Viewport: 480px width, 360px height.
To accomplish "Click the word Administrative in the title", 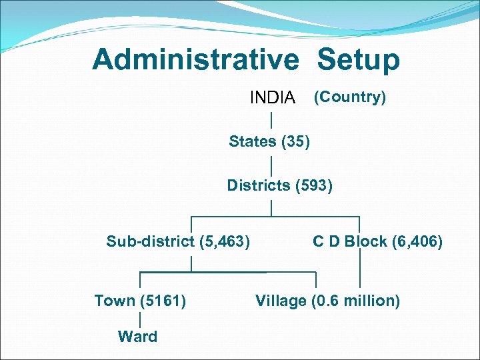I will click(x=196, y=60).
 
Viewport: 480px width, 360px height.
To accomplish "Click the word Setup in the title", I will click(x=358, y=60).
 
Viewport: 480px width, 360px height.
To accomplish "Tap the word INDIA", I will click(x=272, y=98).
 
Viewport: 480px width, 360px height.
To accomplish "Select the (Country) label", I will click(x=349, y=97).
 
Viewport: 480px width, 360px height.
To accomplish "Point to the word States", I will click(x=253, y=141).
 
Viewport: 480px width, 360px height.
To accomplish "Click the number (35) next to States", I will click(x=295, y=141).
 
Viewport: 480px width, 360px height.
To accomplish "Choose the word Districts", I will click(x=258, y=185).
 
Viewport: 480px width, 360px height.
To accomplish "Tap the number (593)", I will click(x=313, y=185).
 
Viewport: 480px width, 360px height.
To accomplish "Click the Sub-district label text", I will click(x=151, y=241).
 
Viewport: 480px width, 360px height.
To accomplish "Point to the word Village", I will click(x=280, y=301).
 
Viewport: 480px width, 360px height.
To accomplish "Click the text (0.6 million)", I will click(x=355, y=301).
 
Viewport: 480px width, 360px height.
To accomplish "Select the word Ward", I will click(x=137, y=337).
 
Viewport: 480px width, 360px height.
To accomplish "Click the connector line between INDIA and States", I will click(x=271, y=120).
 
